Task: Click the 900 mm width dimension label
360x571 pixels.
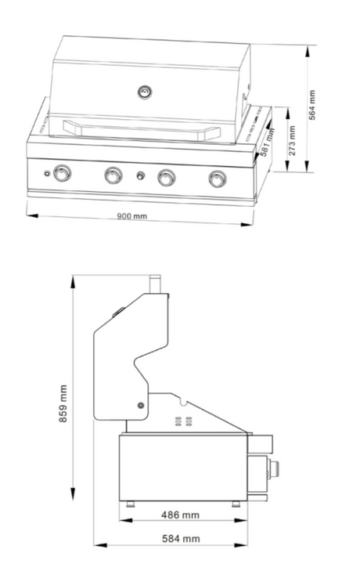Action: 132,216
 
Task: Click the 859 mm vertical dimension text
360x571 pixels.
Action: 63,403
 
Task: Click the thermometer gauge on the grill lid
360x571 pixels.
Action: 146,92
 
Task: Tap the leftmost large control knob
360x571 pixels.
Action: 62,174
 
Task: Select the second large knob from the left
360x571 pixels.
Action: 113,175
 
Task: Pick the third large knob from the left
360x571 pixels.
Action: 166,178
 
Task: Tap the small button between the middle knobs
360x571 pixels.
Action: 140,175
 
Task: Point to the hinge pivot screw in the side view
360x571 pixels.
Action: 140,405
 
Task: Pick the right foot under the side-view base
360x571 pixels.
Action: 236,503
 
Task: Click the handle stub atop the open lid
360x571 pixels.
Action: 156,284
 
